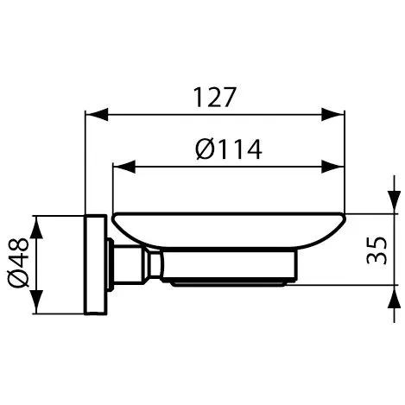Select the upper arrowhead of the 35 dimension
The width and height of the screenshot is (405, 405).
pos(393,205)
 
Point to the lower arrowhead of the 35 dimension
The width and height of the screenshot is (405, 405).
pos(393,295)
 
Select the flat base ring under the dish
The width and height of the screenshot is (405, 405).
pos(229,282)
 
